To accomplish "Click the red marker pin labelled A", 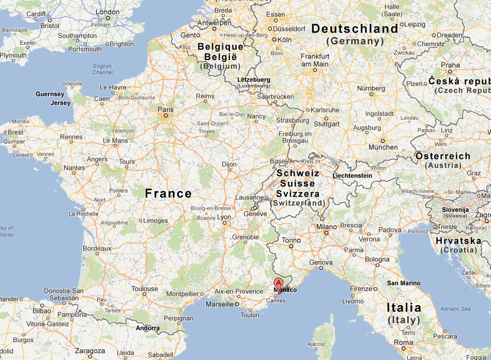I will (x=279, y=284).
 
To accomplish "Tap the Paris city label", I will (x=166, y=109).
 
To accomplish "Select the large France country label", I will (x=168, y=194).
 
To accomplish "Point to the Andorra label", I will (x=147, y=328).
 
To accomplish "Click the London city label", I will (x=108, y=12).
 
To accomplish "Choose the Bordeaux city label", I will (x=97, y=248).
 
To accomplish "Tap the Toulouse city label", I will (x=145, y=289).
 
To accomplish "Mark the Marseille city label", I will (x=219, y=304).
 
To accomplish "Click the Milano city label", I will (x=326, y=227).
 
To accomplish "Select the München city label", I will (x=383, y=147).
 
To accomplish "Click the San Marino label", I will (x=404, y=283).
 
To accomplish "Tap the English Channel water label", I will (x=102, y=69).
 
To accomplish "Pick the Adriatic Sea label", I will (x=455, y=309).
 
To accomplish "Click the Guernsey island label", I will (x=50, y=94).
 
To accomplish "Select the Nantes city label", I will (x=74, y=168).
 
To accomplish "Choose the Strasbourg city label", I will (x=293, y=120).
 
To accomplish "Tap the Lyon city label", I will (x=224, y=217).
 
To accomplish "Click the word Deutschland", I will (x=355, y=29).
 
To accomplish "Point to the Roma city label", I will (x=403, y=342).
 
